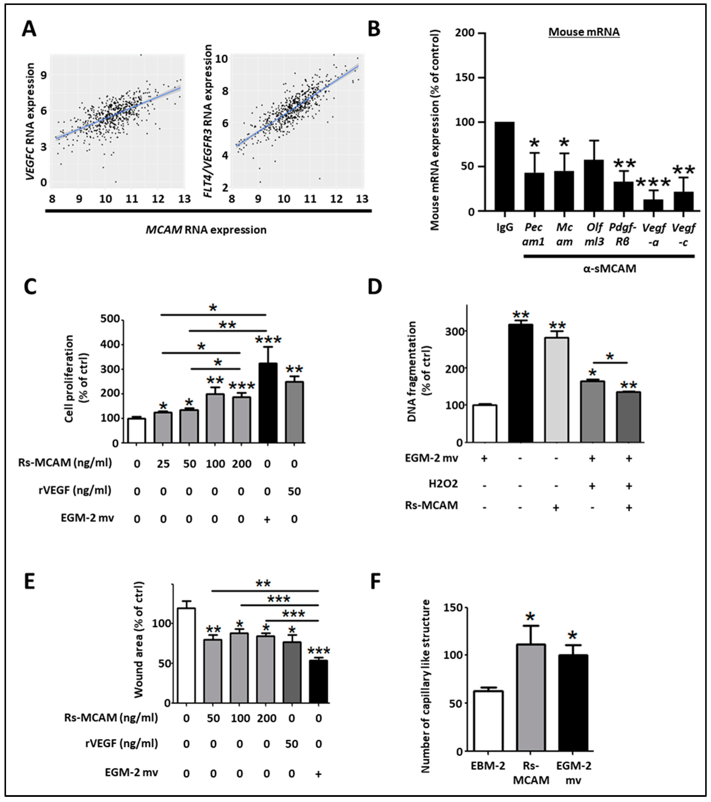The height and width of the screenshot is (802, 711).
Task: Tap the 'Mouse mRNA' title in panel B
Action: pyautogui.click(x=584, y=32)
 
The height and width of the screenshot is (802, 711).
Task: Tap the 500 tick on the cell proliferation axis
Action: pyautogui.click(x=110, y=319)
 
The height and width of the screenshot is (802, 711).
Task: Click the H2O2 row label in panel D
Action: pyautogui.click(x=443, y=484)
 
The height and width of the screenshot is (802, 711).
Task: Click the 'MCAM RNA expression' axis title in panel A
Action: pyautogui.click(x=206, y=230)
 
